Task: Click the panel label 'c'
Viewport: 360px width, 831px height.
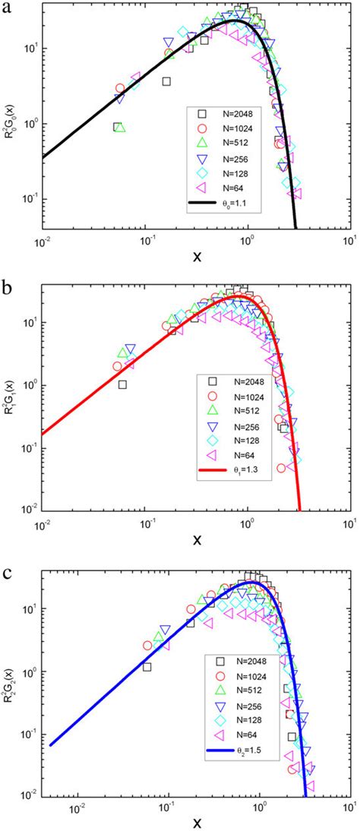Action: click(8, 567)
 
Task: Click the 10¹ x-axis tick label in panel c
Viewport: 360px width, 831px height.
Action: click(349, 806)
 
